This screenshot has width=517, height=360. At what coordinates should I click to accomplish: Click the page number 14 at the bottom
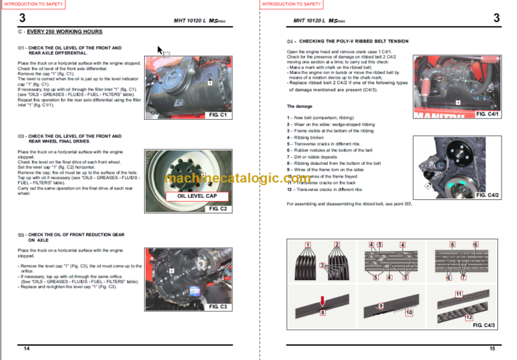tap(26, 349)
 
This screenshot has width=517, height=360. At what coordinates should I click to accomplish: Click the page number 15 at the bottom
tap(492, 349)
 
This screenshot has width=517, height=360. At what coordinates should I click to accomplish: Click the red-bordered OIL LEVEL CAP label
tap(198, 196)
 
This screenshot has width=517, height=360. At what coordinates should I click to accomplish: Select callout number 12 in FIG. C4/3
tap(469, 317)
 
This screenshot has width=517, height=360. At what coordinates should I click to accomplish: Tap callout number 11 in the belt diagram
tap(458, 294)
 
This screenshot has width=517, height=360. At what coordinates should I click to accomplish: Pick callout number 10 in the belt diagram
tap(409, 313)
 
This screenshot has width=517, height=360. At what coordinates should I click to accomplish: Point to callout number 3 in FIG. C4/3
tap(322, 266)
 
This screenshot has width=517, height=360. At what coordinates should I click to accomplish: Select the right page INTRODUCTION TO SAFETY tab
tap(291, 4)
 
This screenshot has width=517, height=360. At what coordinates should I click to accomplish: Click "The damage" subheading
tap(300, 106)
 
